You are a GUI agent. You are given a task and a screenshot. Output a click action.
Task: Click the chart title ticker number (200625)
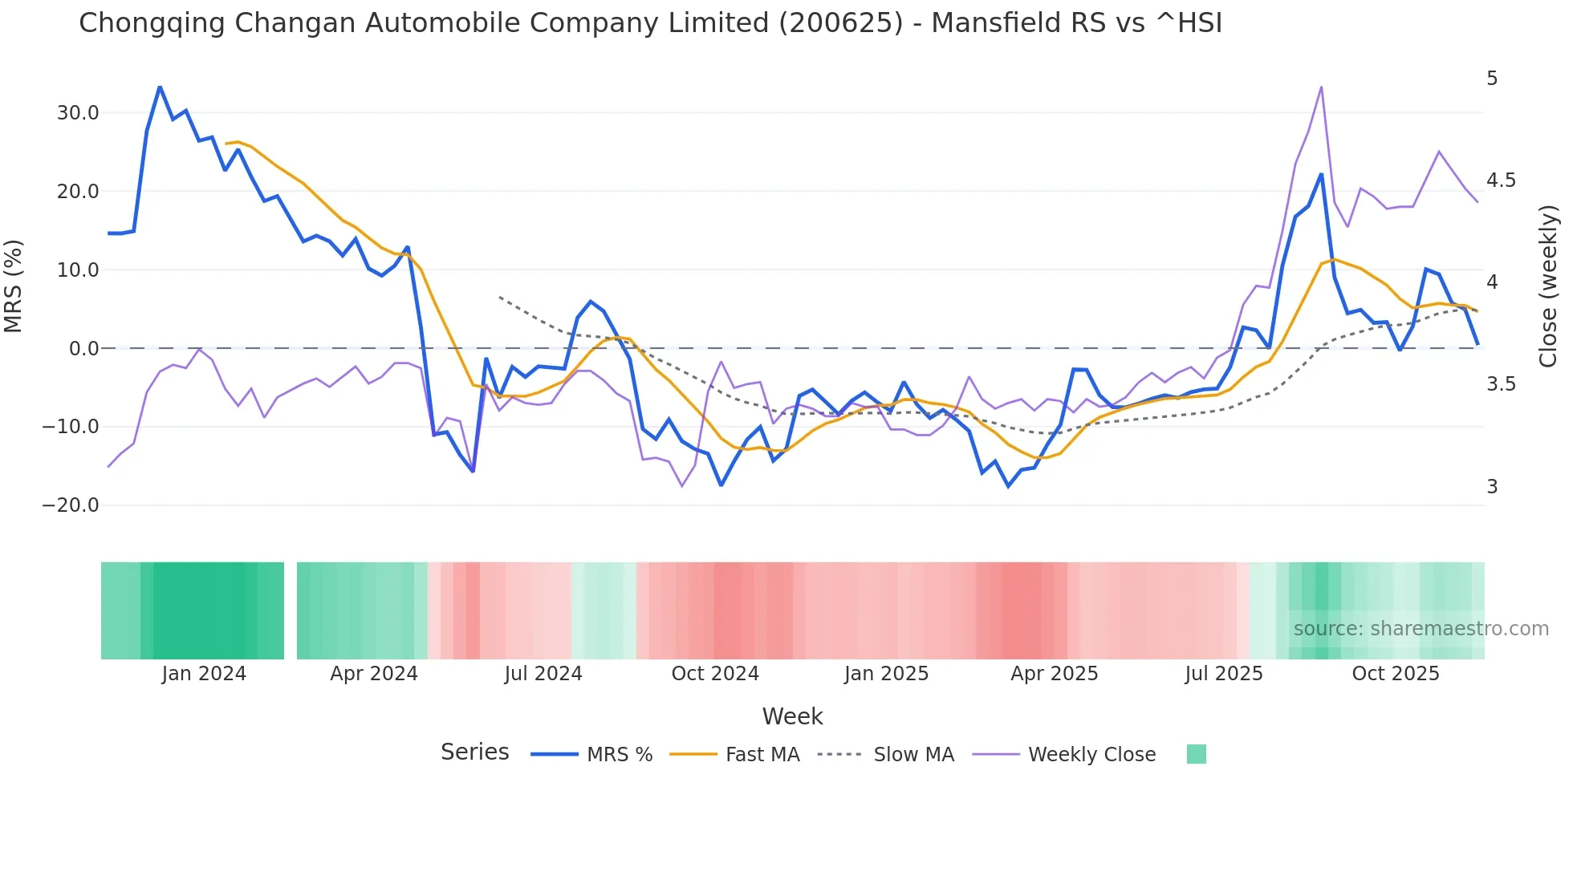click(x=841, y=22)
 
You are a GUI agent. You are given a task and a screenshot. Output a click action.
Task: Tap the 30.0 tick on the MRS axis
click(x=78, y=113)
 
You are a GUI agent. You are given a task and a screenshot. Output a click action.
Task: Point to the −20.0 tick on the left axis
click(x=71, y=505)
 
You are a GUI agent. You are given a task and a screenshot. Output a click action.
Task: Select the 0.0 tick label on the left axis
click(x=84, y=349)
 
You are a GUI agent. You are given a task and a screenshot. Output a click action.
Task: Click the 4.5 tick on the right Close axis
click(x=1501, y=180)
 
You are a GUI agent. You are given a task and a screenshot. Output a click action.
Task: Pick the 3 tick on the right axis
click(x=1492, y=487)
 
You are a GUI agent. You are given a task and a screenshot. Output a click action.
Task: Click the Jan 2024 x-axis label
click(x=204, y=674)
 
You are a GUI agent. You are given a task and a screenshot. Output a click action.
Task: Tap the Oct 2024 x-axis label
click(x=715, y=674)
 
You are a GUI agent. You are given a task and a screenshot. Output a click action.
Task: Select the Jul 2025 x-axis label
click(x=1224, y=674)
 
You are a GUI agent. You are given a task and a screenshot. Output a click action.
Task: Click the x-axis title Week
click(x=792, y=716)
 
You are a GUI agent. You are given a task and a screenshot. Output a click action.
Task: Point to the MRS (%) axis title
click(x=14, y=286)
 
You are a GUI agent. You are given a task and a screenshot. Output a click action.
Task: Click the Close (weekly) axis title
click(x=1548, y=286)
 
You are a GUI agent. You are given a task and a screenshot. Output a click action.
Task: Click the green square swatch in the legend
click(x=1196, y=754)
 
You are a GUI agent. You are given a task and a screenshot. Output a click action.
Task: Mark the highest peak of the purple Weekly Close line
click(x=1321, y=87)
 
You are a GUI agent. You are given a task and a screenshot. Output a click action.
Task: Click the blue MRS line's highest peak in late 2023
click(x=160, y=87)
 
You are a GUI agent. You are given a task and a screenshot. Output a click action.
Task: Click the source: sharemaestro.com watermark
click(x=1421, y=629)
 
